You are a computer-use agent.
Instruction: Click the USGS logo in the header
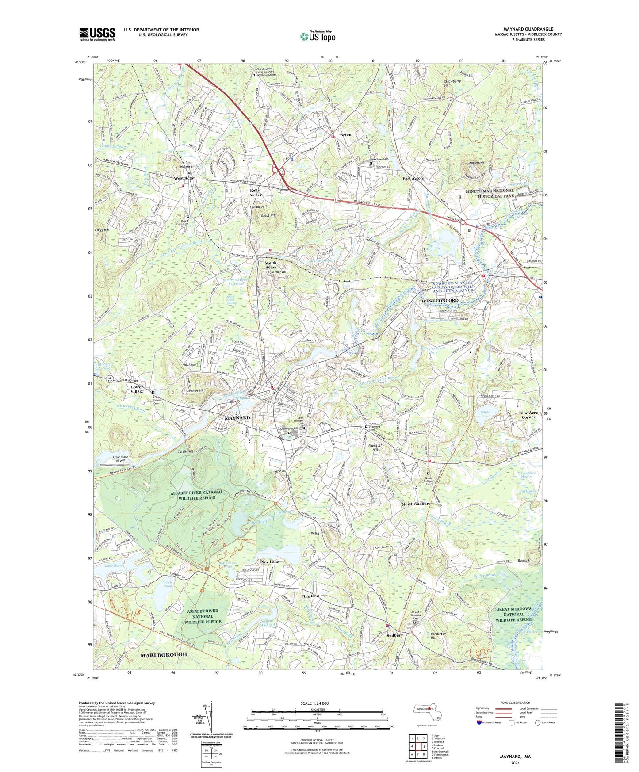(x=97, y=34)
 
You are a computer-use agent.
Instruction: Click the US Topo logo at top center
(x=317, y=37)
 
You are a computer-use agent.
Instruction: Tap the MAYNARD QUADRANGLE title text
(x=528, y=29)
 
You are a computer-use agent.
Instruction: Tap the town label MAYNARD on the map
(x=237, y=418)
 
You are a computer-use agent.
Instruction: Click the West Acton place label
(x=184, y=178)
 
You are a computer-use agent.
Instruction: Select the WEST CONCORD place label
(x=440, y=301)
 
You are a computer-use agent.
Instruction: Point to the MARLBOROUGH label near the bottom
(x=164, y=654)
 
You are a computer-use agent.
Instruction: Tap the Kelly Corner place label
(x=255, y=192)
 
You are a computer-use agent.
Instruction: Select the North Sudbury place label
(x=416, y=504)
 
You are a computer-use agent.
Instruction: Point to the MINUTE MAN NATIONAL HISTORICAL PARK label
(x=490, y=193)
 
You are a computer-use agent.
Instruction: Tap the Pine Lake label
(x=269, y=562)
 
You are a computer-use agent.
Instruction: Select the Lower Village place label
(x=137, y=389)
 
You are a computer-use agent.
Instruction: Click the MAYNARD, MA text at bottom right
(x=515, y=757)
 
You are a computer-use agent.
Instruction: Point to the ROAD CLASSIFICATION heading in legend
(x=516, y=703)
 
